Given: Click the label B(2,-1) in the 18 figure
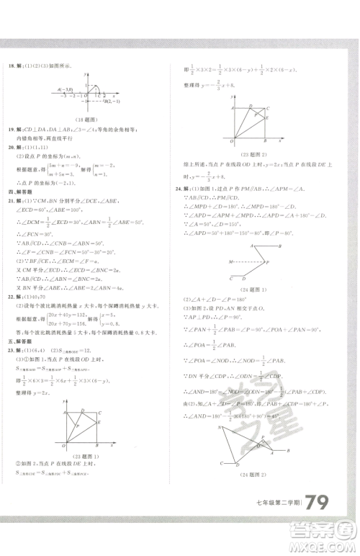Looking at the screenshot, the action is pyautogui.click(x=114, y=102).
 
